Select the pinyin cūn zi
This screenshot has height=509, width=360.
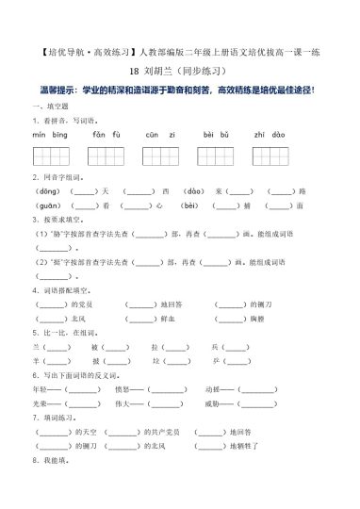[159, 134]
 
